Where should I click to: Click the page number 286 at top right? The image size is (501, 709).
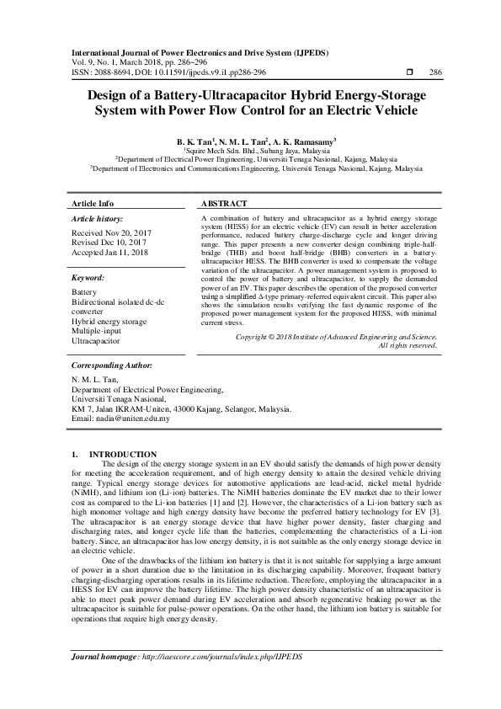436,72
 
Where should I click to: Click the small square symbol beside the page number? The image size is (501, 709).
409,72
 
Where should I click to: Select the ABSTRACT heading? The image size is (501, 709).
225,204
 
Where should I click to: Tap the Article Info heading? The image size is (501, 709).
93,204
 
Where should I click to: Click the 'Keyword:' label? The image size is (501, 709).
88,276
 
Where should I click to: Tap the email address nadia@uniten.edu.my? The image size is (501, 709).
136,418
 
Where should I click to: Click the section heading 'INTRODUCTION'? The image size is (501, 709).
123,454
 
